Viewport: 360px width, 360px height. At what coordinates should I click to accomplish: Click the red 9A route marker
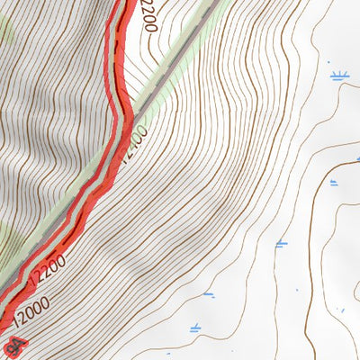(x=12, y=346)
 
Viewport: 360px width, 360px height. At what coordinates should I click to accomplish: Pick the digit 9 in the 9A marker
(x=8, y=349)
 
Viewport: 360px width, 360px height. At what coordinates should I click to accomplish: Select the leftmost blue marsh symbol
(x=208, y=293)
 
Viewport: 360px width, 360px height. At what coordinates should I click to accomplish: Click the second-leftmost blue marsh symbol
(x=281, y=243)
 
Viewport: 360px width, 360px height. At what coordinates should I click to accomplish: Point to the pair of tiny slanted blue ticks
(x=341, y=310)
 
